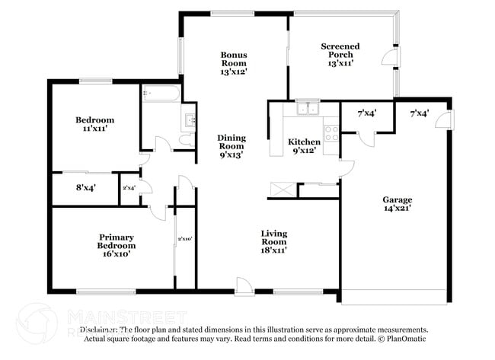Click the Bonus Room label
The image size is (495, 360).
coord(233,62)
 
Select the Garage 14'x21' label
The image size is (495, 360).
coord(397,204)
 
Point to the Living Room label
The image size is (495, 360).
coord(274,241)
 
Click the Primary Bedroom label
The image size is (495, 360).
coord(116,241)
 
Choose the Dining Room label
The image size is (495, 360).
coord(232,145)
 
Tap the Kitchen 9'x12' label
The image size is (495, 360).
coord(304,146)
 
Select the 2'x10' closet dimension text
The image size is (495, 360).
coord(184,239)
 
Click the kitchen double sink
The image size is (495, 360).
coord(308,109)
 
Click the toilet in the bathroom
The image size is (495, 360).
coord(185,140)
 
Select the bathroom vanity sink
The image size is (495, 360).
coord(189,119)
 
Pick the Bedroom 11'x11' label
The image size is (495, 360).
coord(94,124)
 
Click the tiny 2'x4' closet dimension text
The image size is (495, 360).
coord(129,187)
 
